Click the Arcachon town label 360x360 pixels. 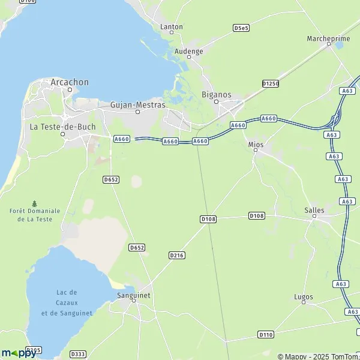click(70, 82)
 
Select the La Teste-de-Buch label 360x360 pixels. click(62, 127)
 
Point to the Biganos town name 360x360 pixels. click(217, 95)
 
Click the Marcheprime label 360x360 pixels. click(328, 38)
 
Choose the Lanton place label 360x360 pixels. click(172, 26)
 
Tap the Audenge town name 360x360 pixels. click(188, 51)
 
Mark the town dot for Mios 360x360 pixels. click(256, 151)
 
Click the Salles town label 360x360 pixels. click(314, 210)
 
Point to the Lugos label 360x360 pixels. click(304, 296)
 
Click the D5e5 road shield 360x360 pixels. click(241, 28)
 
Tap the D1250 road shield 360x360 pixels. click(271, 83)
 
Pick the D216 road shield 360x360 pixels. click(176, 255)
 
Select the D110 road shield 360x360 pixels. click(266, 334)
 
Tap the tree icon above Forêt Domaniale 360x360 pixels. click(35, 203)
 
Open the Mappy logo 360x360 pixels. click(18, 353)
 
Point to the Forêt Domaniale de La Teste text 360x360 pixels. click(35, 215)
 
